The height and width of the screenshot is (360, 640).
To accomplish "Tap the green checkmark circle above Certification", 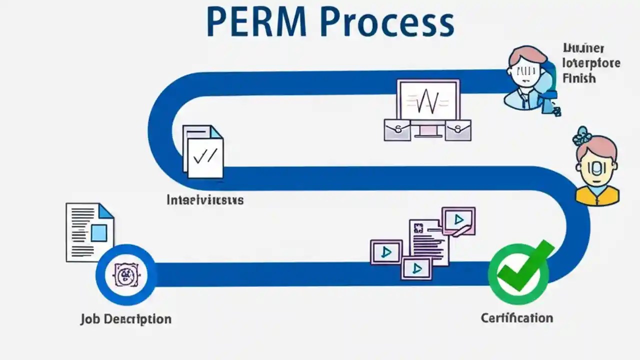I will tap(518, 272).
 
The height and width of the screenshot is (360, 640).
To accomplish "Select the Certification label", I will tap(516, 318).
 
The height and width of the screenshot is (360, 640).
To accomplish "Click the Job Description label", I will tap(125, 319).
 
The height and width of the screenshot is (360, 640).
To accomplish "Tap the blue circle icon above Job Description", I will tap(125, 274).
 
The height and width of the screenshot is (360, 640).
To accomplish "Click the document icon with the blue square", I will tap(90, 232).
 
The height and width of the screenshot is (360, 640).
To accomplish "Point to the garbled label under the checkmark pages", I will tap(205, 200).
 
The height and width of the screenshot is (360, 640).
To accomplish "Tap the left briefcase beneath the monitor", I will tap(397, 130).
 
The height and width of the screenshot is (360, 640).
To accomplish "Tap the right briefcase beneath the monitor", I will tap(458, 130).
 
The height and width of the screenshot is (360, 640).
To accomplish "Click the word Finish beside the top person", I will tap(578, 78).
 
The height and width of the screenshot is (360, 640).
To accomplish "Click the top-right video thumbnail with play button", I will tap(458, 219).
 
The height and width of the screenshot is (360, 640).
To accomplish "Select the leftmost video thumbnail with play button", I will tap(386, 251).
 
